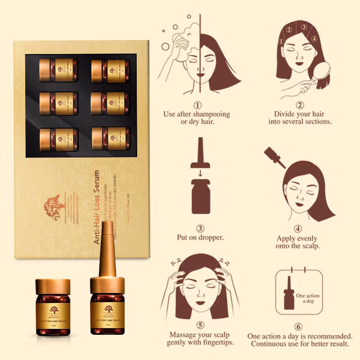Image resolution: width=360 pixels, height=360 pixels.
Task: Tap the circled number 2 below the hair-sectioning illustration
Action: click(300, 105)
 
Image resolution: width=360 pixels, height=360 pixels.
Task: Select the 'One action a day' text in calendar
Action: click(307, 298)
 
